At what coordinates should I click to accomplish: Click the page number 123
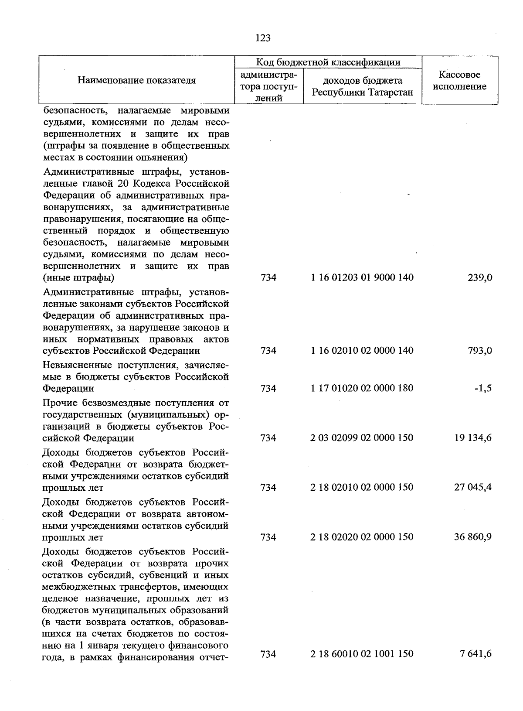[x=263, y=38]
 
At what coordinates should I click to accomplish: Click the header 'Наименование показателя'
[x=137, y=80]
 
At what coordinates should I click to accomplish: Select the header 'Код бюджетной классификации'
[x=328, y=62]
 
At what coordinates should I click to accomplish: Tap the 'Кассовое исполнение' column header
[x=460, y=81]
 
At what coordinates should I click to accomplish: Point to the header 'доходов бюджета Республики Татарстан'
[x=362, y=86]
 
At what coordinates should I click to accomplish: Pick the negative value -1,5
[x=483, y=388]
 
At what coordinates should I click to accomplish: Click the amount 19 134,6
[x=473, y=438]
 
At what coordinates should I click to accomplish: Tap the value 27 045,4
[x=473, y=487]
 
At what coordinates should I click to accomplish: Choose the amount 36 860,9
[x=473, y=537]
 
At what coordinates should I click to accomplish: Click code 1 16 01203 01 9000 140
[x=362, y=277]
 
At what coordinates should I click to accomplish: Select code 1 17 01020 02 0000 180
[x=362, y=388]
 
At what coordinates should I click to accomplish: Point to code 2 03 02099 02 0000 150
[x=362, y=438]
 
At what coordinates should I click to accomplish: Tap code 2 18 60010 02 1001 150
[x=362, y=654]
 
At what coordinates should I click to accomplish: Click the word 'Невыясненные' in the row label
[x=73, y=365]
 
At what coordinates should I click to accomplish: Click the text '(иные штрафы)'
[x=78, y=278]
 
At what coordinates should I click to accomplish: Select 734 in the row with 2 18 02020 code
[x=268, y=537]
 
